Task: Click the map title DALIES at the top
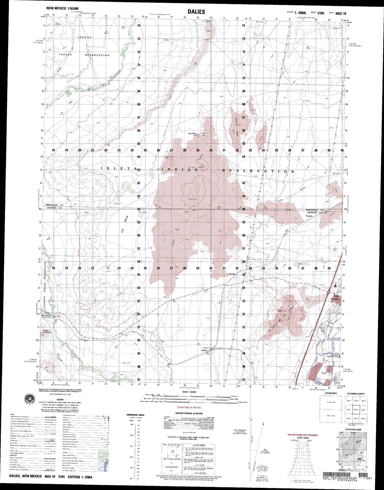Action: pos(196,12)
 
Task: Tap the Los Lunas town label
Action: pos(336,297)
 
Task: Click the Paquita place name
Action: pos(309,216)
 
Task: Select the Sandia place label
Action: pos(232,274)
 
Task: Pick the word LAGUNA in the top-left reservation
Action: pos(84,37)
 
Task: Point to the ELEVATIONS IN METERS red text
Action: pos(189,407)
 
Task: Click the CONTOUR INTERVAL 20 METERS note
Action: pos(189,413)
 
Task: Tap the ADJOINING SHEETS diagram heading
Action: pos(356,394)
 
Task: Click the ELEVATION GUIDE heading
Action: pos(353,437)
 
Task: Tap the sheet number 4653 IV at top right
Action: pos(341,13)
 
